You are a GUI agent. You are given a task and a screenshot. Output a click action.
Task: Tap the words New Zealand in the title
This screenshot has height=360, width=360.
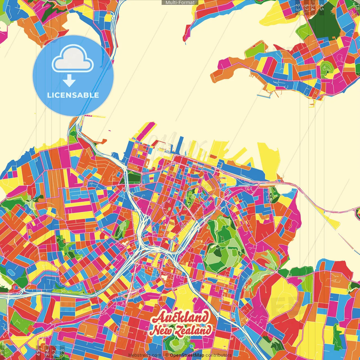coord(181,331)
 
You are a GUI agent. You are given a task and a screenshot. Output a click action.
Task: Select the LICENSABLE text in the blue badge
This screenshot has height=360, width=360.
coord(73,95)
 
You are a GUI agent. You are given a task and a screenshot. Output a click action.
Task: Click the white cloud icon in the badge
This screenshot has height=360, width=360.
coord(73,60)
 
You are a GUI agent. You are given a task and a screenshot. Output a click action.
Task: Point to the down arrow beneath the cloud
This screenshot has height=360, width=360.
coord(69,81)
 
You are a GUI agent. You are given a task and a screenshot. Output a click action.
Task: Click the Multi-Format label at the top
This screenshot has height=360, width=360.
coord(180,3)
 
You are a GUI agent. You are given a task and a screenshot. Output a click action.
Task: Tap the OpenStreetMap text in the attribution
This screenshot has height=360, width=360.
coord(187,355)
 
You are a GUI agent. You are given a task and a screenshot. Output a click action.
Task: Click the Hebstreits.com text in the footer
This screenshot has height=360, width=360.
coord(145,355)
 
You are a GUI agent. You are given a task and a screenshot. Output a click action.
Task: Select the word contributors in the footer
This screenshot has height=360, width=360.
coord(219,355)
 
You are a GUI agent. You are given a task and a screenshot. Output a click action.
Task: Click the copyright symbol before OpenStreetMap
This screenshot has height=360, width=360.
coord(167,355)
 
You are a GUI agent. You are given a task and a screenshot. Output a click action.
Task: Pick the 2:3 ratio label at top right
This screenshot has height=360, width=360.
coord(297,7)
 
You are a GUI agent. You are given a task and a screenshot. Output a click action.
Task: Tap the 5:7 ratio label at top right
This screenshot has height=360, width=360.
coord(306,7)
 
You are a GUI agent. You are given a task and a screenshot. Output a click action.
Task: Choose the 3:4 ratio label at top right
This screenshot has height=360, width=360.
coord(312,7)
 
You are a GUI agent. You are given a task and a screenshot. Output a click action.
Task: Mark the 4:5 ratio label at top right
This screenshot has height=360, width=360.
coord(322,7)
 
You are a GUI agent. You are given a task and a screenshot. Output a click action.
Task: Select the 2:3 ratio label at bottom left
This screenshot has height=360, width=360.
coord(62,352)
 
